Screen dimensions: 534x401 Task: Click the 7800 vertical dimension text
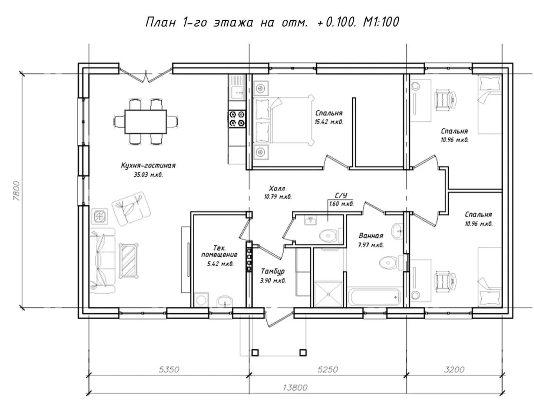[x=17, y=191]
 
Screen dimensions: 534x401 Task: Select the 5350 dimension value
[x=169, y=369]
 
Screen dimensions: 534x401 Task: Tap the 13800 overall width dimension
[x=295, y=387]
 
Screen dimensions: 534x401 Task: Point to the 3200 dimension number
[x=454, y=369]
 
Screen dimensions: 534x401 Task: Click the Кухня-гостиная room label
[x=148, y=166]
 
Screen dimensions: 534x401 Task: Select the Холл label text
[x=277, y=188]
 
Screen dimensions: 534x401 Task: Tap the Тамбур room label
[x=273, y=271]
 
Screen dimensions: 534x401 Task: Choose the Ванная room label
[x=371, y=236]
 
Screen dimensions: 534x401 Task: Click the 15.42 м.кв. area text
[x=329, y=122]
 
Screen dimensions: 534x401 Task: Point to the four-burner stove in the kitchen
[x=237, y=118]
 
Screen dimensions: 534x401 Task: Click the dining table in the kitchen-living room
[x=146, y=122]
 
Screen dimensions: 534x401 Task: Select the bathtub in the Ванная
[x=373, y=297]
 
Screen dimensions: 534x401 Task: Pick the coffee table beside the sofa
[x=128, y=261]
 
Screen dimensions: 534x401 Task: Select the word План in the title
[x=160, y=22]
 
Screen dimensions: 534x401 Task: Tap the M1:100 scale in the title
[x=381, y=22]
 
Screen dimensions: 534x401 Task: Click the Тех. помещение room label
[x=219, y=251]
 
